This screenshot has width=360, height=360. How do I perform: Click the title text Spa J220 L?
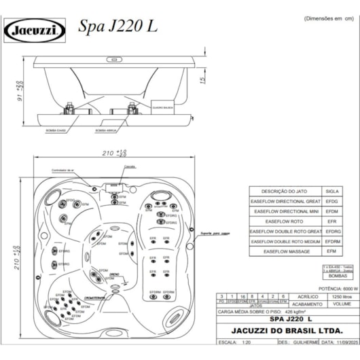118,26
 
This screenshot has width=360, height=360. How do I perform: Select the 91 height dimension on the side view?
20,88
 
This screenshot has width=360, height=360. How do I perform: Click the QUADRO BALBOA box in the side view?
163,107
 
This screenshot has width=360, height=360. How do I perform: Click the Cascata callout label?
120,175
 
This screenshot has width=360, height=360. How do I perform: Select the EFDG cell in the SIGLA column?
332,202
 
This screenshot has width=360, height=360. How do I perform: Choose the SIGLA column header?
332,192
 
